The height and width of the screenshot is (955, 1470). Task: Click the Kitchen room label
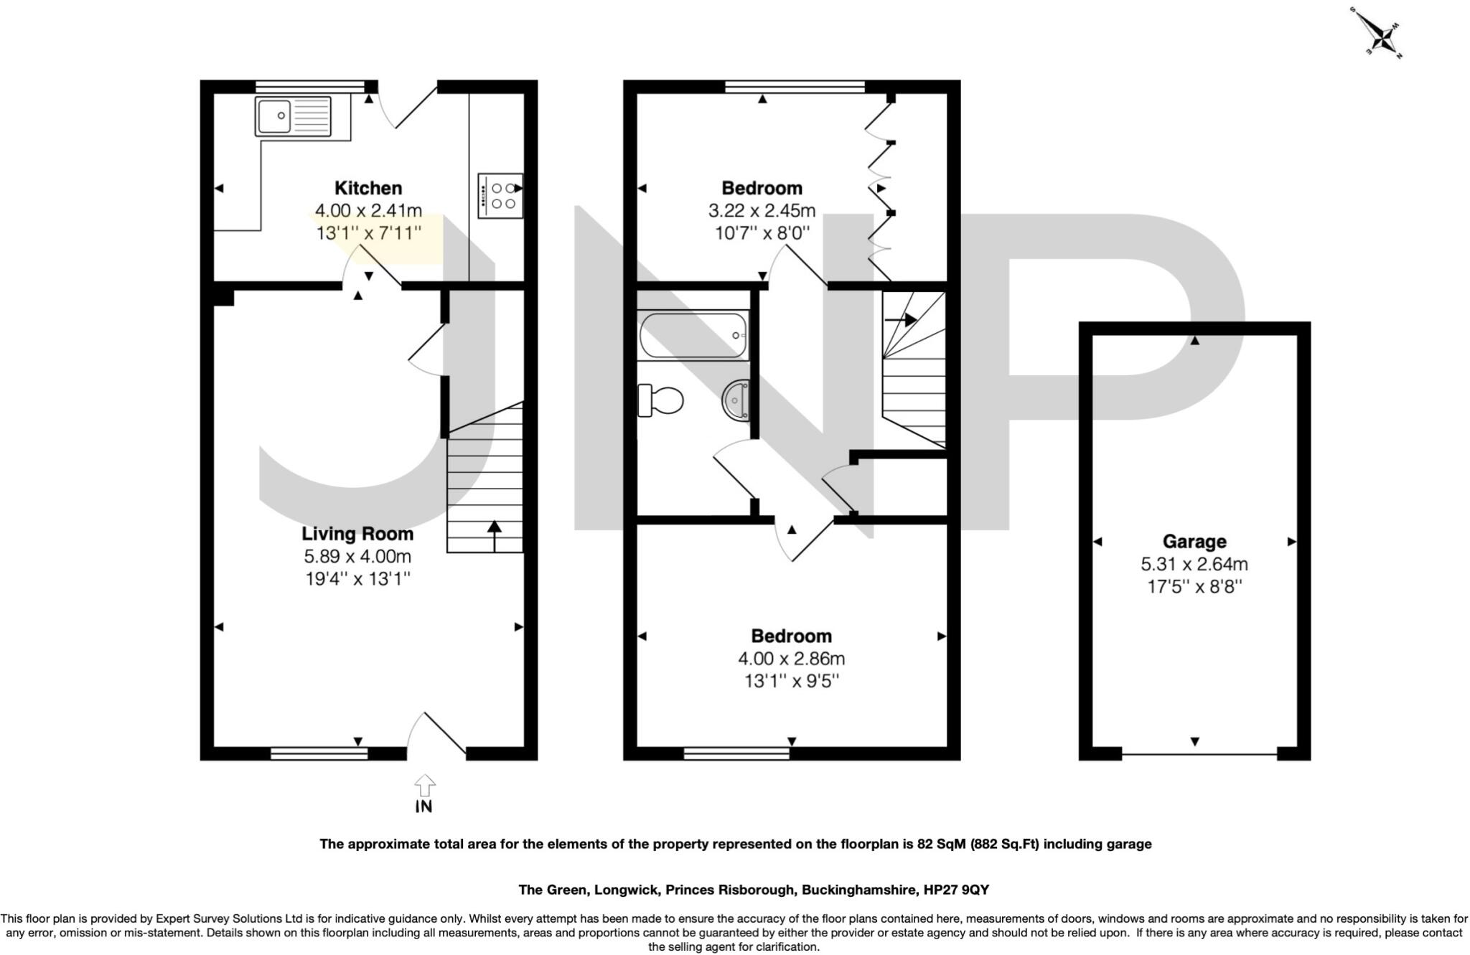pos(368,188)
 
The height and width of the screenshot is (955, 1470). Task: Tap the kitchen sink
pos(293,116)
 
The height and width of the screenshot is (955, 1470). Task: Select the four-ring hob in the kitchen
pos(500,195)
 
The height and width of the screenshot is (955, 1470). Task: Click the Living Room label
pos(357,534)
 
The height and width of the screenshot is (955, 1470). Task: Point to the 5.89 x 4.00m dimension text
pos(357,556)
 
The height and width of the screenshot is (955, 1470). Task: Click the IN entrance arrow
pos(424,788)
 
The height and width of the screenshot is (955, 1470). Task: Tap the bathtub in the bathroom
pos(693,335)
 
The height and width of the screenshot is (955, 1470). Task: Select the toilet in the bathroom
pos(660,400)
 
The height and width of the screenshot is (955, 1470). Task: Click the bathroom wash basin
pos(736,399)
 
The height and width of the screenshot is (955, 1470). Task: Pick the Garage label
pos(1194,542)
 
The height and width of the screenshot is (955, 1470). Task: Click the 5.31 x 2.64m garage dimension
pos(1194,564)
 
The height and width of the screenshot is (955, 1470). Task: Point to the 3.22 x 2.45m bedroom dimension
pos(762,211)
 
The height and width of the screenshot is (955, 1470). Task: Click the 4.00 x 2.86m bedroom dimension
pos(791,659)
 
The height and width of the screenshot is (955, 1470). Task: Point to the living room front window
pos(319,753)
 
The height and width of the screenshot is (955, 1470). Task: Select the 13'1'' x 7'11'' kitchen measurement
pos(368,233)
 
